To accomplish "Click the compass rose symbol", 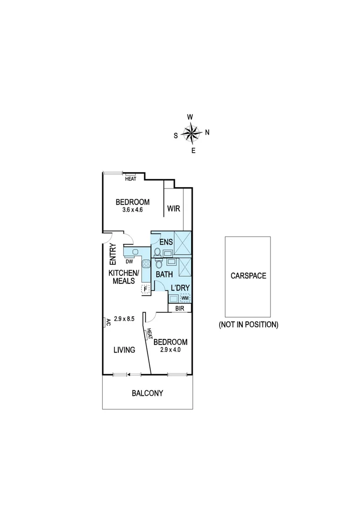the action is (x=191, y=133).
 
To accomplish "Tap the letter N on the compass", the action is (x=207, y=132).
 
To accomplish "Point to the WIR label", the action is (x=173, y=208).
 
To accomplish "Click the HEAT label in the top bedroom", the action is (x=131, y=179).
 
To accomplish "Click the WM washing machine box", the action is (x=185, y=298).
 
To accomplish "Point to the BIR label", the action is (x=180, y=308).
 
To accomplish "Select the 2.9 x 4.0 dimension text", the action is (x=171, y=350).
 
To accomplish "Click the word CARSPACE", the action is (x=248, y=276).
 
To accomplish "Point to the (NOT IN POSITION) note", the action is (x=248, y=324).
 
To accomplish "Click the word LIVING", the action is (x=124, y=350).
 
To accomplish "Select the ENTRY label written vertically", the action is (x=113, y=254).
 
